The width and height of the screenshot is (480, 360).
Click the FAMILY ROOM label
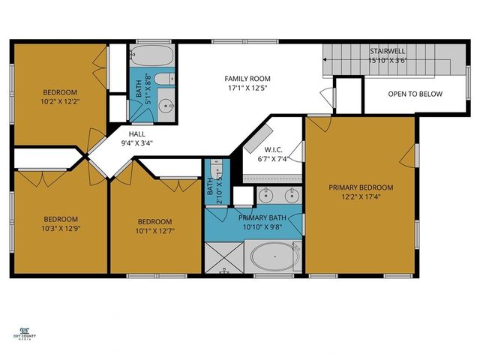coord(247,78)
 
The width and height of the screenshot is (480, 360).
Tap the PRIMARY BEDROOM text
coord(361,187)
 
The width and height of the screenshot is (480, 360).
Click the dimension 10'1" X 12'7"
coord(154,231)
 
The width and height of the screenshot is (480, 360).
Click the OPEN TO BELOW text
coord(415,94)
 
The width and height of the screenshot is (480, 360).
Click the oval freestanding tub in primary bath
coord(274,257)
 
